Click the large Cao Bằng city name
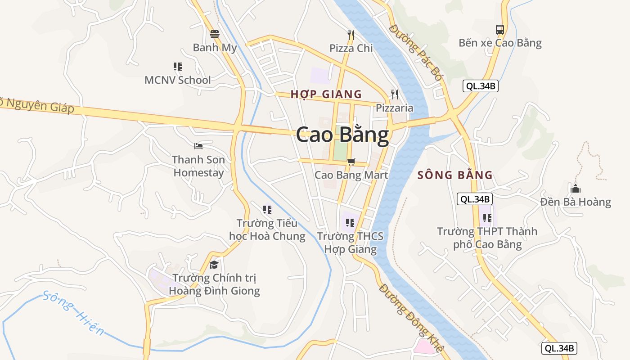point(342,135)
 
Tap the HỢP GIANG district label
point(326,94)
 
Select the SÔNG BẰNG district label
point(455,175)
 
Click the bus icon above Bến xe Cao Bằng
point(499,30)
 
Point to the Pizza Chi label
point(351,48)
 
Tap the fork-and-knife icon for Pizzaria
point(395,94)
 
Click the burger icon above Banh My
point(215,34)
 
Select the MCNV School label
point(177,80)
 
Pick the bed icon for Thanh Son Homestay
point(198,146)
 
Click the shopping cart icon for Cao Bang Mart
point(351,162)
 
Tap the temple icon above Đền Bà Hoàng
point(575,188)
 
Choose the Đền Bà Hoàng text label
point(576,202)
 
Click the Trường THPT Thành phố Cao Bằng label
point(487,238)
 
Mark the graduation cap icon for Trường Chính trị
point(214,265)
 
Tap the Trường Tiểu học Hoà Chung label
point(267,229)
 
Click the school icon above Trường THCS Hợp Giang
point(350,222)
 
